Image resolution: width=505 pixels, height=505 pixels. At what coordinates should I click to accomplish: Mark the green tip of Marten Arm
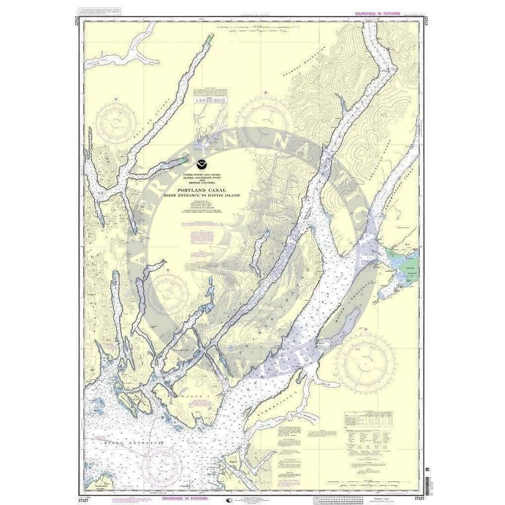tap(184, 159)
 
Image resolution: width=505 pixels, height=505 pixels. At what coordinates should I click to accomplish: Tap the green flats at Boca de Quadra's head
tap(211, 38)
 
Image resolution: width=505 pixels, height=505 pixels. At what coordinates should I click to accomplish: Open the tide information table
tap(364, 419)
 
